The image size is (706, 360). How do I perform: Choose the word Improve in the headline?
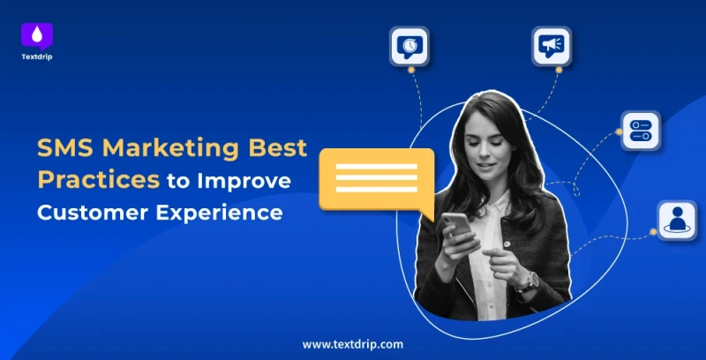(248, 181)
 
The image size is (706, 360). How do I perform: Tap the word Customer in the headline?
(91, 213)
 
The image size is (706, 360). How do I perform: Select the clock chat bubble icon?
(409, 45)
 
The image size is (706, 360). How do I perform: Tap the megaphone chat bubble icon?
(552, 45)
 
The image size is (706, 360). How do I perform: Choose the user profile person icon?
(675, 220)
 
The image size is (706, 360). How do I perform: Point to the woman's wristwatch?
(529, 281)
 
